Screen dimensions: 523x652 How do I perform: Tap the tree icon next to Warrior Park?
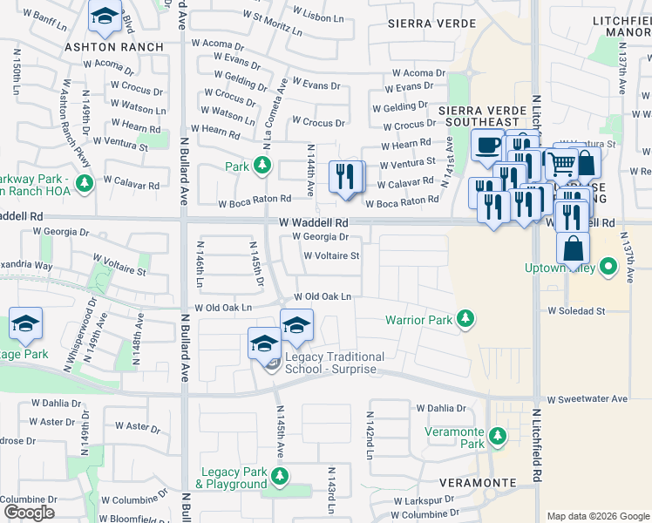(466, 319)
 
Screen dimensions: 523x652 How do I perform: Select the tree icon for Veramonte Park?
(497, 435)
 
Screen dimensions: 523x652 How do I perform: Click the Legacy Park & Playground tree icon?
(279, 476)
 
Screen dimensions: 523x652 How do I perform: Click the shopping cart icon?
(560, 162)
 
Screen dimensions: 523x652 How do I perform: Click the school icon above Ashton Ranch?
(105, 17)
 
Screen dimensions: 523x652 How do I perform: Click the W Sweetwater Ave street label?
(587, 398)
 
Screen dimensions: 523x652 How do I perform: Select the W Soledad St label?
(576, 310)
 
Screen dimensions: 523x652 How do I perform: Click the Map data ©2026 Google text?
(597, 516)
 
